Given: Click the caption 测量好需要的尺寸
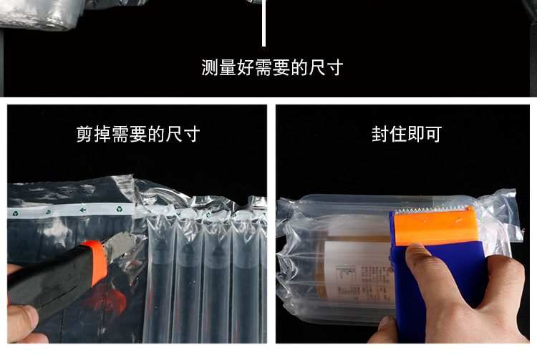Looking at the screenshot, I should [272, 68].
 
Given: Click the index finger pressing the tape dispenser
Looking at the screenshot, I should [422, 258].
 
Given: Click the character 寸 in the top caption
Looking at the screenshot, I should [334, 68].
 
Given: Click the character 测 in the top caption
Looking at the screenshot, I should [210, 68].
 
